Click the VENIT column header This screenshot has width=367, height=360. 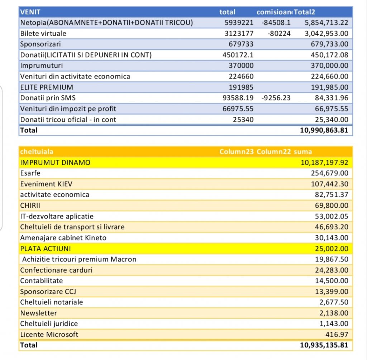click(x=30, y=12)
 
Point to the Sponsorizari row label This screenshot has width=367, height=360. click(x=40, y=44)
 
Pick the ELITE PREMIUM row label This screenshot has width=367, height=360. click(x=47, y=87)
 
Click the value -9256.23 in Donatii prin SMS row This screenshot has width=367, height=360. click(x=276, y=98)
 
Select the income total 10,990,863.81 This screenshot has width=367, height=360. click(x=324, y=130)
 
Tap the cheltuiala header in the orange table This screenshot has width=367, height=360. click(x=37, y=152)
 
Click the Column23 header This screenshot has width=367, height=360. click(x=237, y=152)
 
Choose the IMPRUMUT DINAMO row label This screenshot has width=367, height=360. click(x=56, y=163)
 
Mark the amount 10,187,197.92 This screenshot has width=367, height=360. click(x=324, y=163)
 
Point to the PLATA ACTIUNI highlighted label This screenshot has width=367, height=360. click(x=46, y=249)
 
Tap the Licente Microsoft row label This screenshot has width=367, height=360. click(x=49, y=335)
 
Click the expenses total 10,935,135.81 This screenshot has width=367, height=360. click(x=324, y=345)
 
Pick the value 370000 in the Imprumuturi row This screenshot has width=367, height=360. click(x=241, y=66)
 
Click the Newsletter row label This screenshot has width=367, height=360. click(x=38, y=313)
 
